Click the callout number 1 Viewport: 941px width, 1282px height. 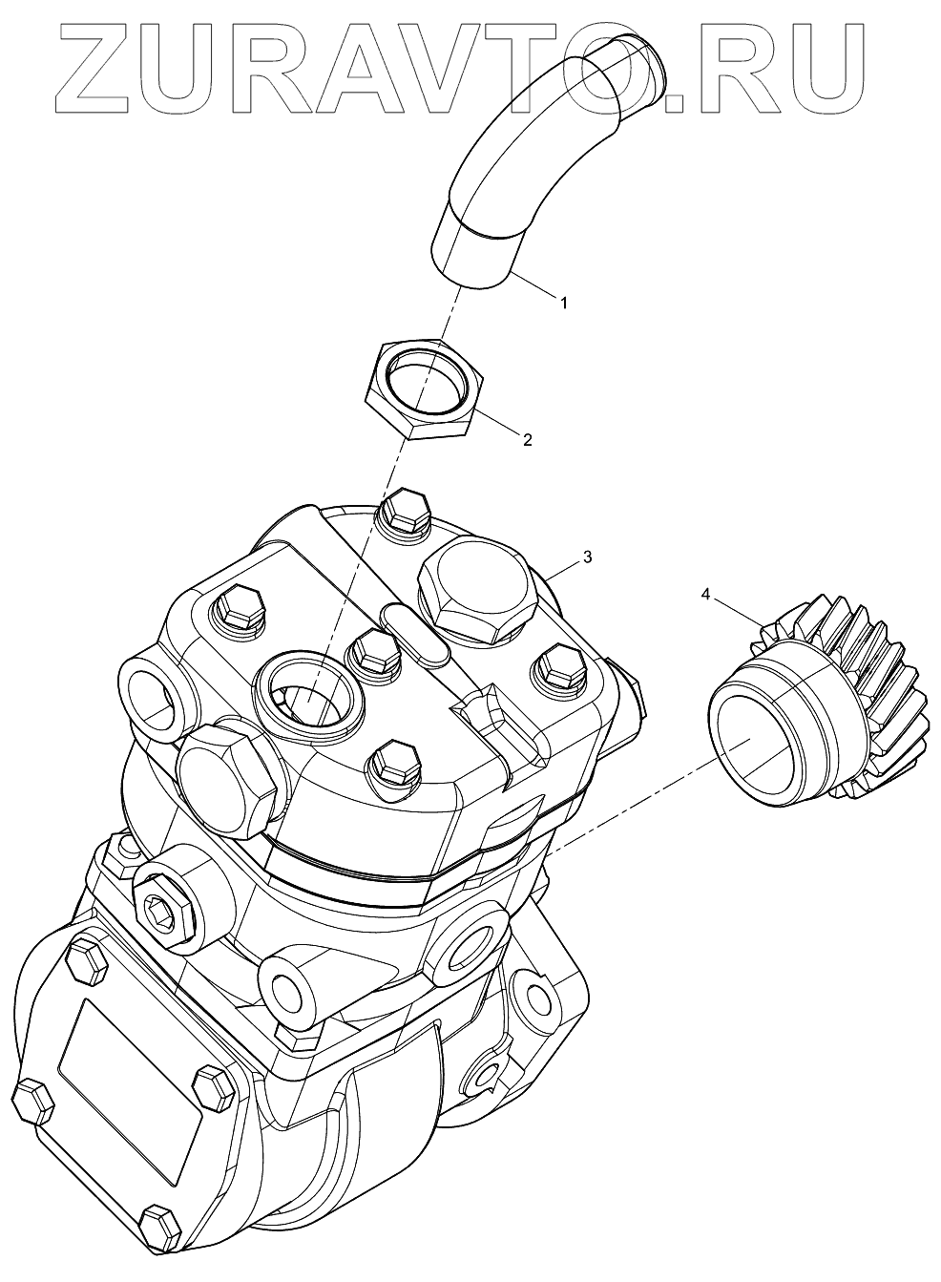click(563, 303)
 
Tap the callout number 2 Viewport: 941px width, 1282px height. click(526, 440)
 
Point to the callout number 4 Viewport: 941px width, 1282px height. click(705, 595)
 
